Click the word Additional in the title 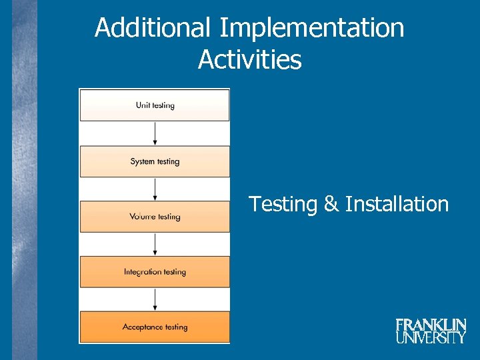[x=153, y=29]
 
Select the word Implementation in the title [x=311, y=29]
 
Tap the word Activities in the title [x=249, y=60]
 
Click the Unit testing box [x=155, y=105]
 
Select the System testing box [x=155, y=161]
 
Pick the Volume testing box [x=155, y=217]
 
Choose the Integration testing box [x=155, y=272]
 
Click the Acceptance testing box [x=155, y=327]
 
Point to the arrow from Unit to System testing [x=155, y=133]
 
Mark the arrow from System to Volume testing [x=155, y=189]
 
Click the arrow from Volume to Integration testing [x=155, y=244]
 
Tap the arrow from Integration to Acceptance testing [x=155, y=299]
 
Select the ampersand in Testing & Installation [x=331, y=204]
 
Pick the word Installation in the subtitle [x=397, y=204]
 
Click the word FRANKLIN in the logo [x=431, y=325]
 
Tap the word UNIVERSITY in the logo [x=431, y=337]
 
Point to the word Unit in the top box [x=143, y=105]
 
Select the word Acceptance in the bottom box [x=143, y=327]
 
